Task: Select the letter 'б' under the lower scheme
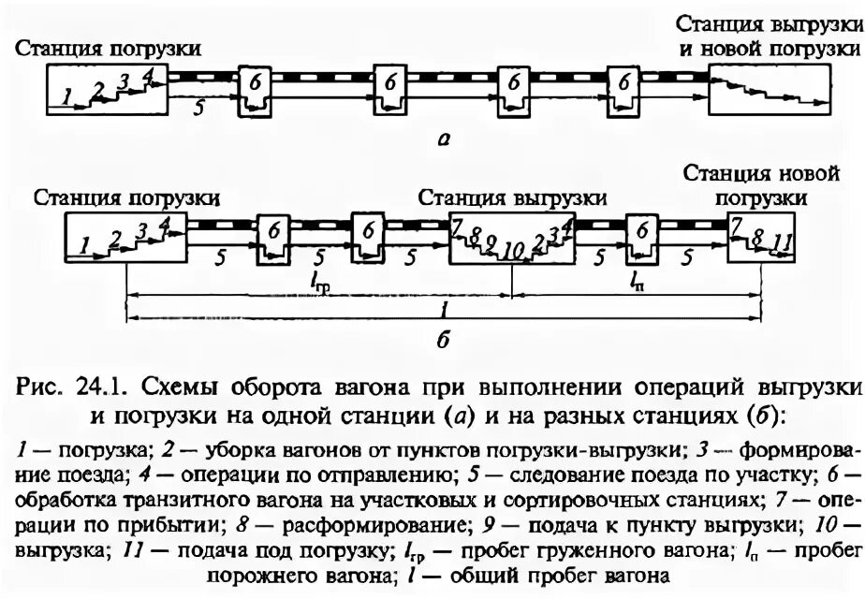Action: pyautogui.click(x=443, y=339)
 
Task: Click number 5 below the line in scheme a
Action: pyautogui.click(x=198, y=108)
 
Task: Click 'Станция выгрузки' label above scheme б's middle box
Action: pyautogui.click(x=511, y=197)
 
